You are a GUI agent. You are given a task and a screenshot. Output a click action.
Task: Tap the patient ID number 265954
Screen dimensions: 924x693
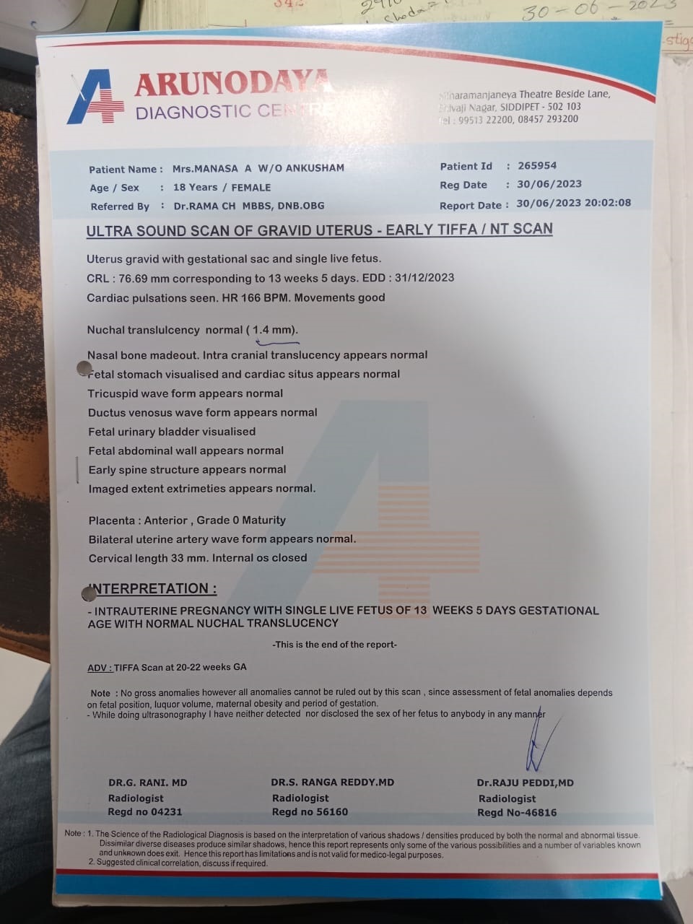click(x=537, y=165)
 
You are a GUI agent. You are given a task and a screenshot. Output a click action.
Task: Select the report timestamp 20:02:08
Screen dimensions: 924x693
click(x=607, y=203)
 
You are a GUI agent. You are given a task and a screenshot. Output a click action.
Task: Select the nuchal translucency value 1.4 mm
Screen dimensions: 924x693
click(x=272, y=330)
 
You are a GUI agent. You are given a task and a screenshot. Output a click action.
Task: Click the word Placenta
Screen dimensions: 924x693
click(x=112, y=520)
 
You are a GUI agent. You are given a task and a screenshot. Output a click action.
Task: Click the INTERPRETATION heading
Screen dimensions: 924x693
click(x=153, y=589)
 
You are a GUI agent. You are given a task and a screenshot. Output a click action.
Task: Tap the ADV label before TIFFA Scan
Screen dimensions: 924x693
click(x=99, y=668)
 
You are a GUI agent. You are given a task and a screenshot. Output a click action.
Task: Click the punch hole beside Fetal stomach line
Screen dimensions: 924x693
click(x=85, y=368)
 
